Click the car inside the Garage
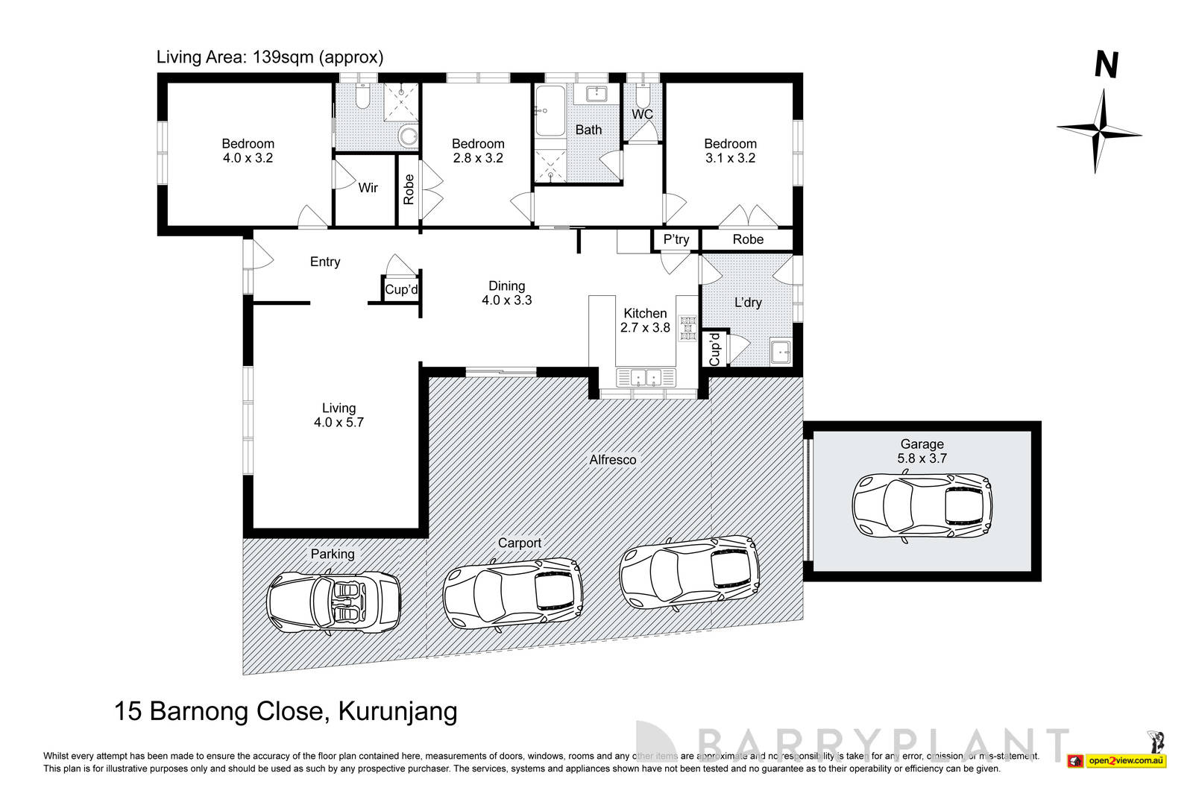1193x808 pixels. coord(922,506)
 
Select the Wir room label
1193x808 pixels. coord(368,188)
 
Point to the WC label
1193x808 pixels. coord(642,114)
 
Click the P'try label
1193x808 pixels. coord(676,239)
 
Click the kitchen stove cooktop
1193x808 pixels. coord(687,328)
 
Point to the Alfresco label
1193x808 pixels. coord(613,460)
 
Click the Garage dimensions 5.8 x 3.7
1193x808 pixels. coord(922,458)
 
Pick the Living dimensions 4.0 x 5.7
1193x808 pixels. coord(339,422)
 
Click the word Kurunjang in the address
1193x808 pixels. coord(397,710)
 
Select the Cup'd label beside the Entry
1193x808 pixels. coord(401,290)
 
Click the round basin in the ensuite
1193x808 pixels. coord(408,136)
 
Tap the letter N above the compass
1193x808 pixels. coord(1106,66)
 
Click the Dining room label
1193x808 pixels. coord(506,285)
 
